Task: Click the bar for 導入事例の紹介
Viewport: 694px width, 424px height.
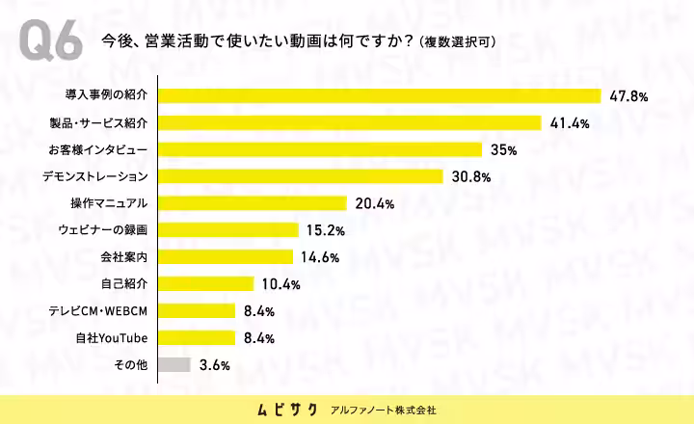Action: [380, 96]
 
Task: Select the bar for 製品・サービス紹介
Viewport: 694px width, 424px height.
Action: [350, 123]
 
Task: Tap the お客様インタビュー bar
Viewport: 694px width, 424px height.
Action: [320, 149]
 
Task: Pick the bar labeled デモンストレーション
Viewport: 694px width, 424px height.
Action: [301, 176]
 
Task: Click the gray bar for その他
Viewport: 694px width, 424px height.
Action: [174, 364]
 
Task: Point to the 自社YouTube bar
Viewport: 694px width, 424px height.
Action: [197, 337]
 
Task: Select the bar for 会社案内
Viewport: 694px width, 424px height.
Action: [226, 256]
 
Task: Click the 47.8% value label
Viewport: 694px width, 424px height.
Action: [628, 96]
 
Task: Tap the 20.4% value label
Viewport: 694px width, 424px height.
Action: [374, 203]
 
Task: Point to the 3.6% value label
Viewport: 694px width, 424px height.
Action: [215, 365]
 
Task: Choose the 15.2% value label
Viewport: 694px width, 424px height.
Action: [326, 230]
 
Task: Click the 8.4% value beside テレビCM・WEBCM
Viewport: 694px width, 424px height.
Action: [259, 311]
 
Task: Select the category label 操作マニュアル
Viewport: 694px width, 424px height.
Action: [109, 203]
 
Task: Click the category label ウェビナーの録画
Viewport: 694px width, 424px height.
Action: [103, 230]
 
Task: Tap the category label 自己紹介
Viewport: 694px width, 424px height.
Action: [124, 283]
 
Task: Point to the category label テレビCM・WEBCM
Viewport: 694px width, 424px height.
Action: [97, 311]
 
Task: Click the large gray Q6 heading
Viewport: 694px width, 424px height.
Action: [50, 40]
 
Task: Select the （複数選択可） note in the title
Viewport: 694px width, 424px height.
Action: [458, 42]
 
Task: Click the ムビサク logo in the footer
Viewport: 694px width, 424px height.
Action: [287, 410]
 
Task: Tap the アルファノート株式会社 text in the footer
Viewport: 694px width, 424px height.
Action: [384, 411]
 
